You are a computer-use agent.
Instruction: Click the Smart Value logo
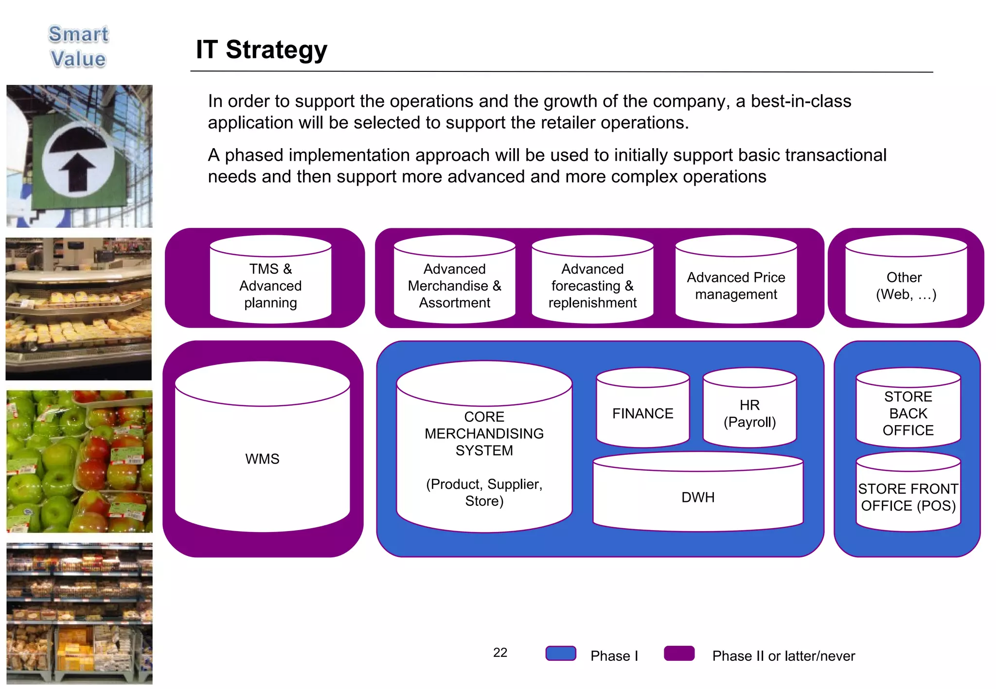click(78, 47)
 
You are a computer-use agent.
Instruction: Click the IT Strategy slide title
click(261, 50)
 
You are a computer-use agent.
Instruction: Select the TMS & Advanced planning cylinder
click(270, 286)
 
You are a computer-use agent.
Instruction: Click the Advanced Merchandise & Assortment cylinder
click(454, 286)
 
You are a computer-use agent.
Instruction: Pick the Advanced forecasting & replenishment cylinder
click(592, 286)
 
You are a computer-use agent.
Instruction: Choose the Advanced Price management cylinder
click(736, 286)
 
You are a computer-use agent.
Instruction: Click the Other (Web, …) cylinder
click(906, 286)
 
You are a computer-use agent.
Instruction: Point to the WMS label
click(262, 459)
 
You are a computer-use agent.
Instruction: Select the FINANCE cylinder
click(642, 413)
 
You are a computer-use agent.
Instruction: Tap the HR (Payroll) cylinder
click(749, 413)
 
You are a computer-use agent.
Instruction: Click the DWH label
click(698, 497)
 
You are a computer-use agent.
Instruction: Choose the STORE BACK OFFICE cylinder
click(908, 413)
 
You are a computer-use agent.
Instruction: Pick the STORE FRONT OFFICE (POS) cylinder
click(908, 497)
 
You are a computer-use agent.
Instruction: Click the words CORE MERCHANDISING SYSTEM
click(484, 433)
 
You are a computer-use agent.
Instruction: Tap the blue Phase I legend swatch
click(561, 654)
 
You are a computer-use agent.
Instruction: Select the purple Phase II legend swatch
click(679, 654)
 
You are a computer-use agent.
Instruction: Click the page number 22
click(500, 653)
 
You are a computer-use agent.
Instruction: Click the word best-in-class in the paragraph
click(800, 101)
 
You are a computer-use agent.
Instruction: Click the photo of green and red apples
click(79, 462)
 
